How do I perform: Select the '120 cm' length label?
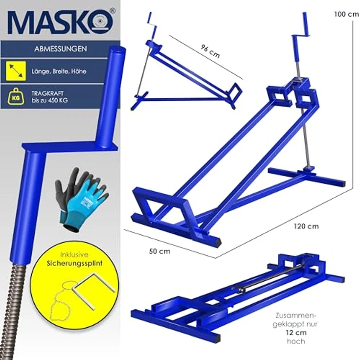[307, 226]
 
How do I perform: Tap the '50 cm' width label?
[159, 251]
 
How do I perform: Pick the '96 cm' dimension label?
[210, 50]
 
